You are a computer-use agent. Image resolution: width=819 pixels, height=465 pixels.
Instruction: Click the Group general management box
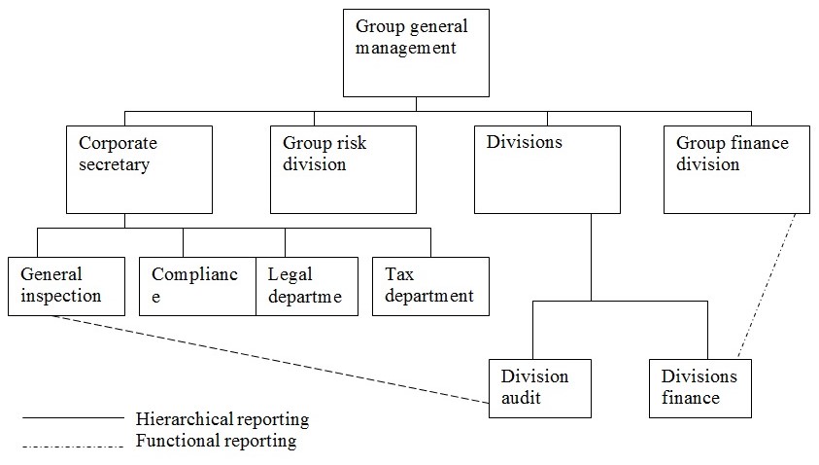tap(416, 53)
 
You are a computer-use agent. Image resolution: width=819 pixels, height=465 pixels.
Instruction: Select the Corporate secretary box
tap(139, 169)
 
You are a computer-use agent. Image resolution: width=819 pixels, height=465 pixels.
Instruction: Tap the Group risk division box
tap(343, 169)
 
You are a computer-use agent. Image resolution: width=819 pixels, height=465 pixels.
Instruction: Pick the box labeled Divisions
tap(547, 169)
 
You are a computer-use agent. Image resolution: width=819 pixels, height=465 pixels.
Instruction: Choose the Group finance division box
tap(736, 169)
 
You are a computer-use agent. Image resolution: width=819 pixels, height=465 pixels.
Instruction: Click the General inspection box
tap(66, 285)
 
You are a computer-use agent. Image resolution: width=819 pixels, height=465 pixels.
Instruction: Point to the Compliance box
tap(197, 285)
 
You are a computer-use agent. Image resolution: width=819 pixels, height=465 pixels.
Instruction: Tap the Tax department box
tap(430, 285)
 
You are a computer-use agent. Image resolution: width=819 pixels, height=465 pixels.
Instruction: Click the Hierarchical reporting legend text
tap(222, 420)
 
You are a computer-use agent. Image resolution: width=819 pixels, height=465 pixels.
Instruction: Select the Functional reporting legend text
tap(217, 441)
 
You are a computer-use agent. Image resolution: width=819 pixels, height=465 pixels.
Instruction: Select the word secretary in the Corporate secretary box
tap(114, 164)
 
